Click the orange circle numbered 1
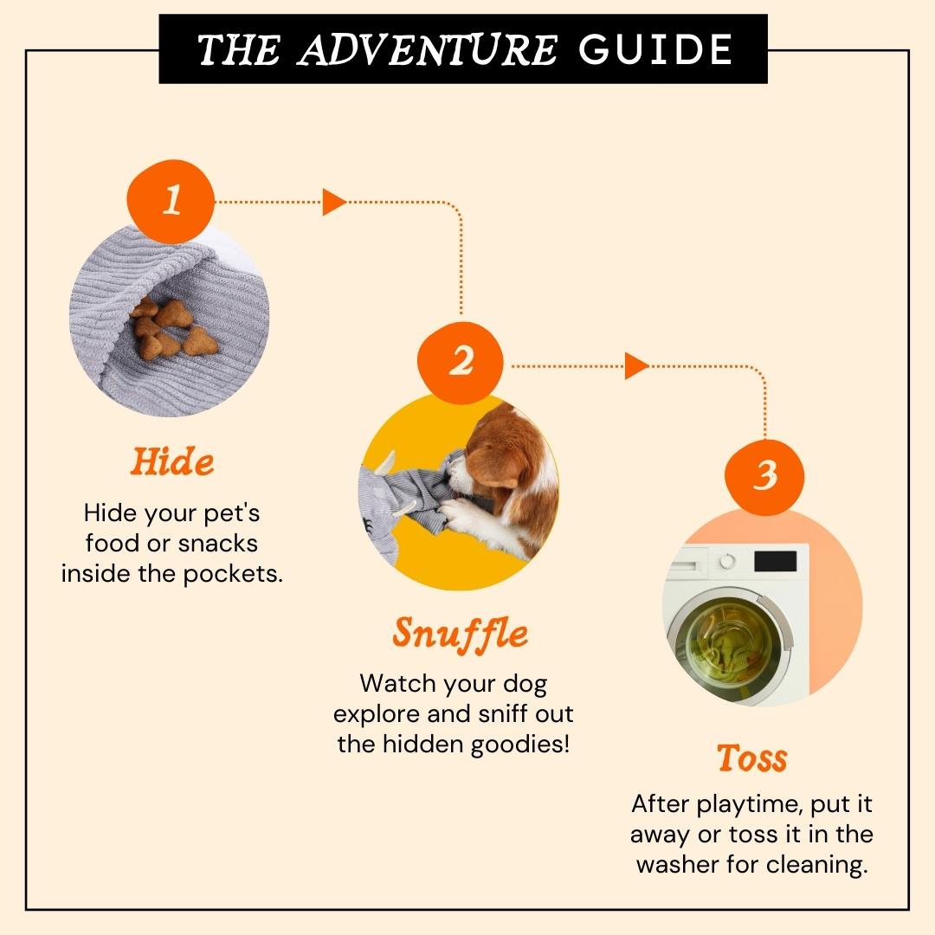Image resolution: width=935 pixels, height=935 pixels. pos(171,201)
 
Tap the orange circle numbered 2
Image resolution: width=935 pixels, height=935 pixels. pos(461,363)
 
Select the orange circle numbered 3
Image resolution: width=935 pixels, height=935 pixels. pos(764,476)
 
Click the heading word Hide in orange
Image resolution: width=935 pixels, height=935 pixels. pos(172,462)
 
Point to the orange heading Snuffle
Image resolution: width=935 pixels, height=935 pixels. pos(461,634)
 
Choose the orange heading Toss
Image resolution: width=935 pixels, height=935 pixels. pos(752,758)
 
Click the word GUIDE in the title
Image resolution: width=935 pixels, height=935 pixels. pos(655,49)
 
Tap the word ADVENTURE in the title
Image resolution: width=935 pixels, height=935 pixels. pos(428,49)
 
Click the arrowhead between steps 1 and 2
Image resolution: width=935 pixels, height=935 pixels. pos(334,202)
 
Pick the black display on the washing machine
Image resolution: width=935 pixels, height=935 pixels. pos(775,561)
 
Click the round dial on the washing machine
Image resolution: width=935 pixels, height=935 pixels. pos(726,561)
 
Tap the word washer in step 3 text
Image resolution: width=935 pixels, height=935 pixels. pos(678,865)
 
